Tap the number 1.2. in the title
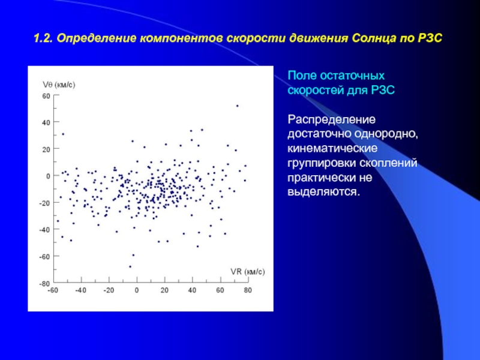tap(43, 39)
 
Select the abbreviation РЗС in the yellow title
tap(430, 38)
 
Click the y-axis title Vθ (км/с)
tap(59, 85)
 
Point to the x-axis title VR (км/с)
tap(248, 272)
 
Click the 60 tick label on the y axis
tap(46, 96)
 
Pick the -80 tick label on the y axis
tap(44, 284)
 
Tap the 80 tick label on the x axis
tap(248, 290)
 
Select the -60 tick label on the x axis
tap(53, 290)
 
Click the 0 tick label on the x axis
tap(137, 290)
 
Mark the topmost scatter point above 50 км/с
tap(237, 106)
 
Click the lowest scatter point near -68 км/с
tap(130, 266)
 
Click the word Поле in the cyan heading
tap(301, 76)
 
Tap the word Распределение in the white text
tap(332, 119)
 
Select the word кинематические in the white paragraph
tap(332, 148)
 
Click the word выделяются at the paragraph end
tap(323, 192)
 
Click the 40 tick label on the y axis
tap(46, 123)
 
